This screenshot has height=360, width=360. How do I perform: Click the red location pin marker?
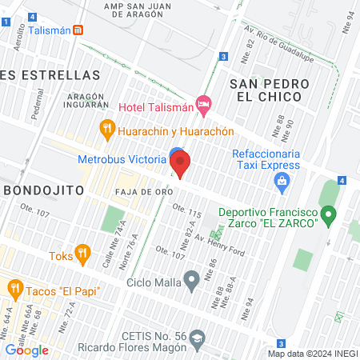(180, 165)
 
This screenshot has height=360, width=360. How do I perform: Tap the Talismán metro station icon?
(78, 30)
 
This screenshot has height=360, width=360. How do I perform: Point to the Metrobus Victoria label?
(122, 158)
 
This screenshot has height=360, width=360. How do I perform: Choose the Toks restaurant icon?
(82, 254)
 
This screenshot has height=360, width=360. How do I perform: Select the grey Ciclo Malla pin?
(191, 280)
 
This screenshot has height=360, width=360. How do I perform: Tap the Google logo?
(27, 350)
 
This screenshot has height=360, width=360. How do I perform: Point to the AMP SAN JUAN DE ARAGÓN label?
(149, 6)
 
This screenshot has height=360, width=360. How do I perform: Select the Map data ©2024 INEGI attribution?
(312, 353)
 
